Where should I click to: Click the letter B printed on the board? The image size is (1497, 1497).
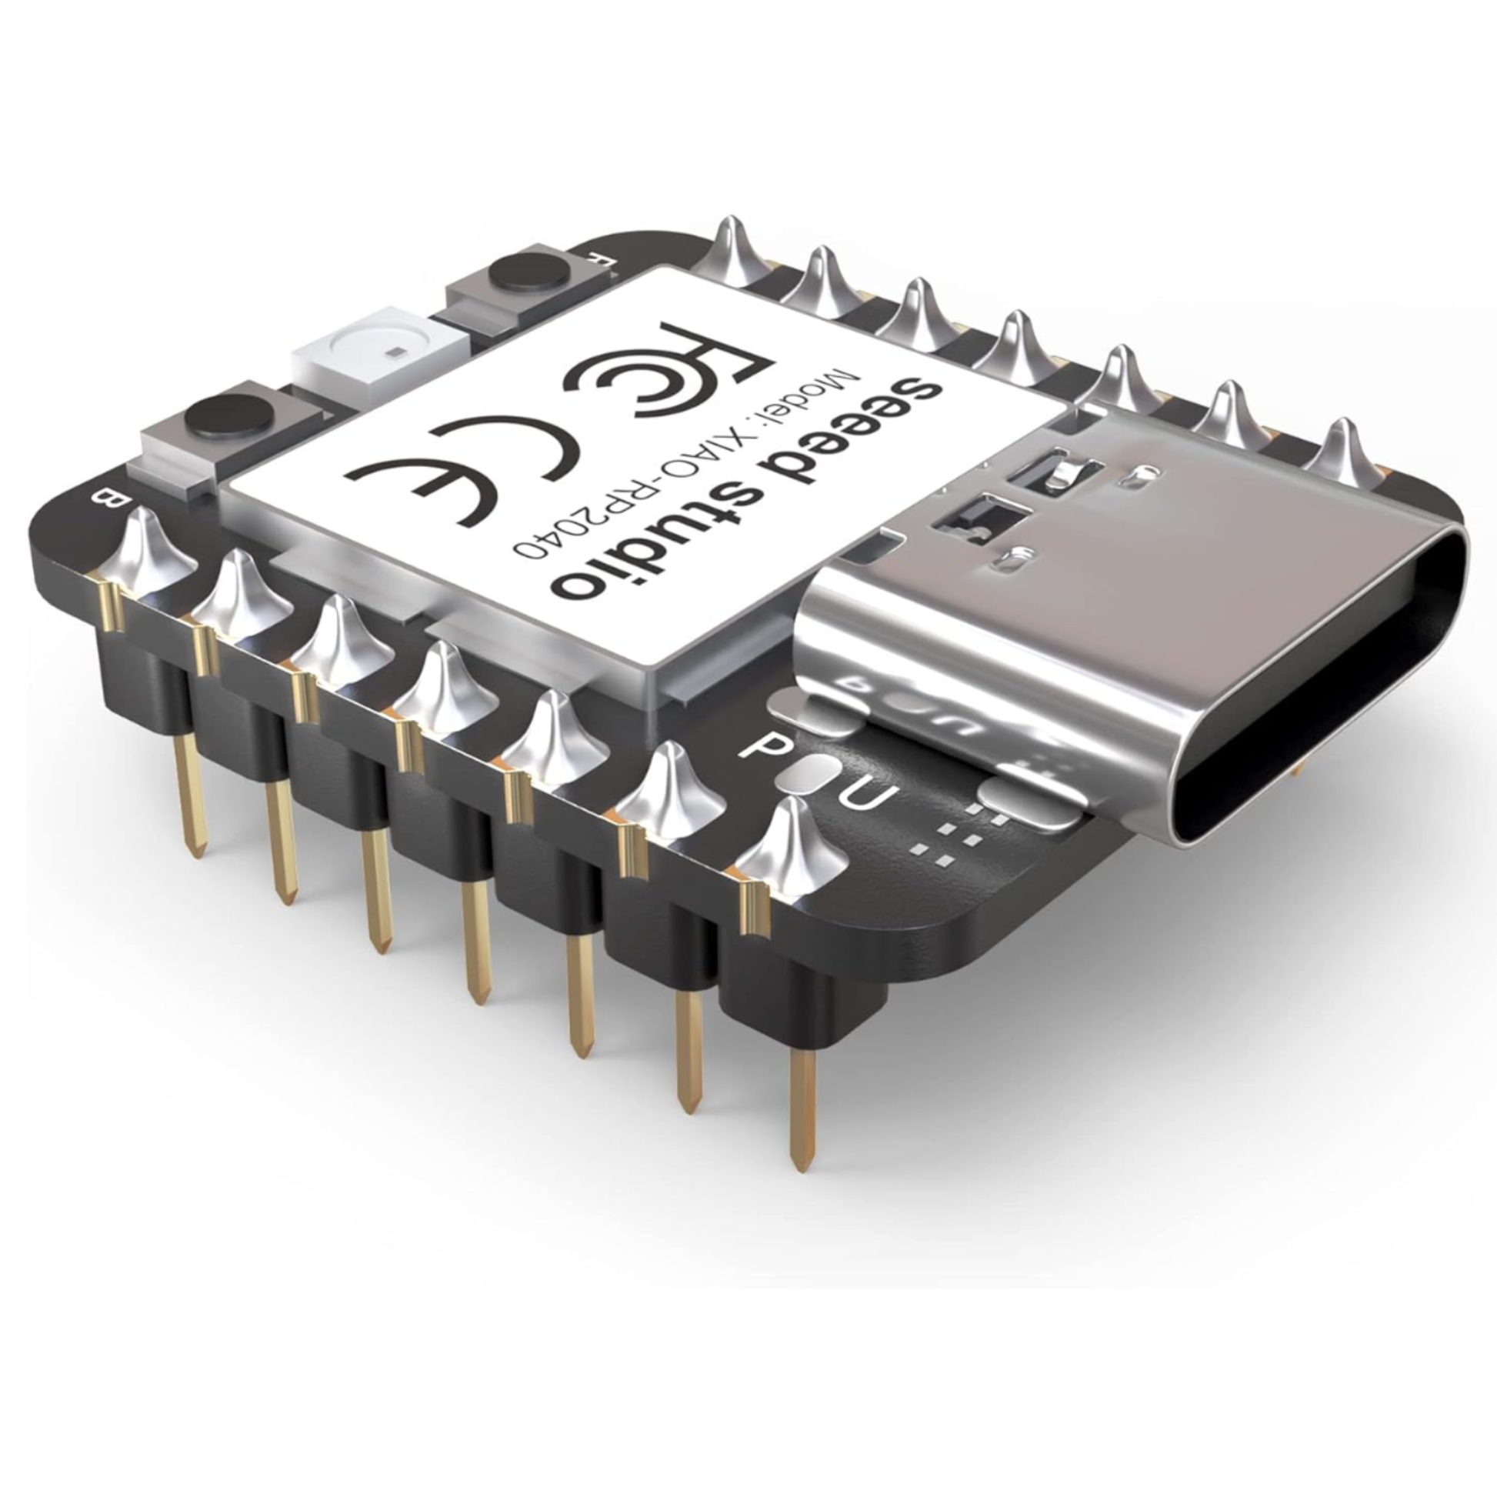(102, 498)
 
